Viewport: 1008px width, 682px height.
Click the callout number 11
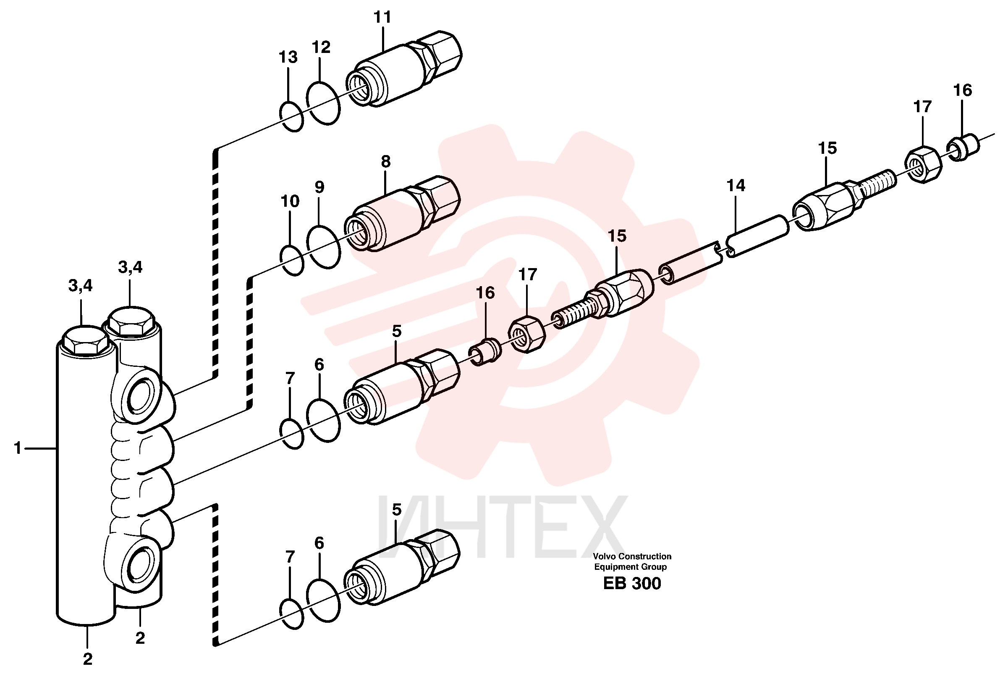382,17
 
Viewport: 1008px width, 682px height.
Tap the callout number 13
288,57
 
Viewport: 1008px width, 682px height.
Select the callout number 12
321,47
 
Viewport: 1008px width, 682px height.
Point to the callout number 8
385,161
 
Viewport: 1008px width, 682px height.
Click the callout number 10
290,201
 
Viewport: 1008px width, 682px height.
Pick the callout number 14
736,185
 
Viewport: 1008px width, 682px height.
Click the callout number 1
18,448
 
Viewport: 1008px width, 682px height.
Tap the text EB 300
632,583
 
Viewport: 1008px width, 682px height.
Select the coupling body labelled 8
402,213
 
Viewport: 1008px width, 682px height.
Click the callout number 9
319,187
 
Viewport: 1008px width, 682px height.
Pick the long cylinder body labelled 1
86,482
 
